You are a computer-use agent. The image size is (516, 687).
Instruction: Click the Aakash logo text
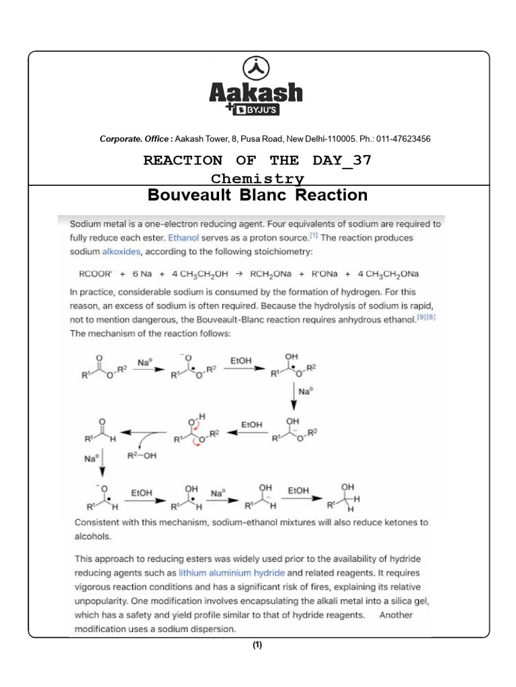pos(257,92)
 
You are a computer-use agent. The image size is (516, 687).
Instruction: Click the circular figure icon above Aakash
pos(258,67)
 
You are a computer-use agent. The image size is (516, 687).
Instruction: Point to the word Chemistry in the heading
pos(257,178)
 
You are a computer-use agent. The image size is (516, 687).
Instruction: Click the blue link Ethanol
pos(183,237)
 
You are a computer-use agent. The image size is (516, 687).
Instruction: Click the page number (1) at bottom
pos(257,645)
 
